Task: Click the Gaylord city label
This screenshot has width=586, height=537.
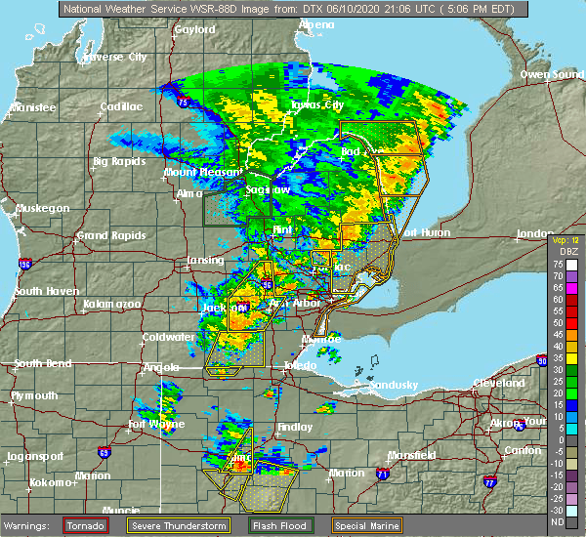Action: pyautogui.click(x=194, y=29)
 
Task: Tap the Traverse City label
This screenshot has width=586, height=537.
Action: pyautogui.click(x=115, y=58)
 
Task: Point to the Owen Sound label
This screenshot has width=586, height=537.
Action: pyautogui.click(x=547, y=74)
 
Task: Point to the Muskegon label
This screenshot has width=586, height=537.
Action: pyautogui.click(x=42, y=208)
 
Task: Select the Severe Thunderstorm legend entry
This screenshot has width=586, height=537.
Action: pyautogui.click(x=185, y=525)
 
